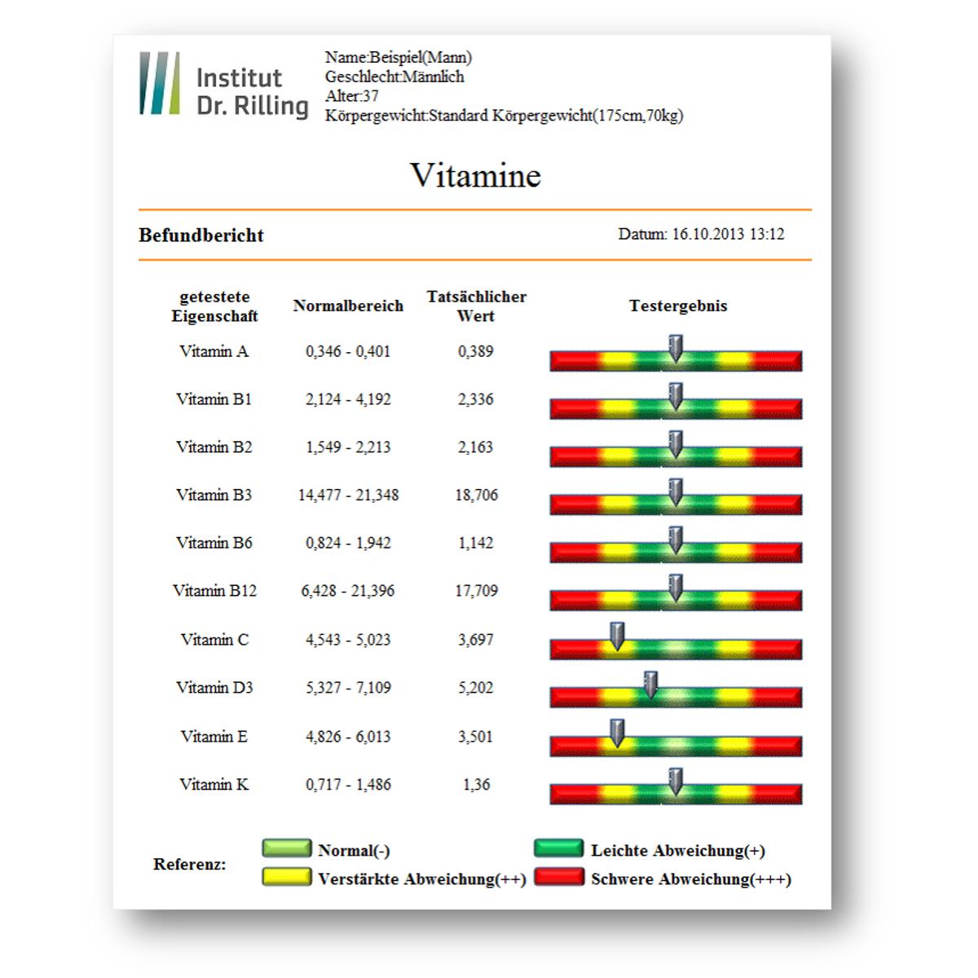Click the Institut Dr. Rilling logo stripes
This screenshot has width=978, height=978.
tap(160, 83)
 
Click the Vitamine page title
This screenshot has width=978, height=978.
tap(475, 175)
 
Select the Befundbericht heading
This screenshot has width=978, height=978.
tap(201, 236)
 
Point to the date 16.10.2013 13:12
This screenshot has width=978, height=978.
tap(728, 234)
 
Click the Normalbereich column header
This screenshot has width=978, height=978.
tap(348, 306)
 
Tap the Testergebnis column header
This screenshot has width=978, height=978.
tap(678, 306)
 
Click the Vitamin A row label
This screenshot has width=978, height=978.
tap(214, 351)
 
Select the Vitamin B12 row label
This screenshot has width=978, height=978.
tap(214, 591)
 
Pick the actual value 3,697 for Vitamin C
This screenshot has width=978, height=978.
tap(475, 640)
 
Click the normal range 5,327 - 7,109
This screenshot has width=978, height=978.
tap(348, 688)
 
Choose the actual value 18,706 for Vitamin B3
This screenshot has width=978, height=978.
tap(477, 495)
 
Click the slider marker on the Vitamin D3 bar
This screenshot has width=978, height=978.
tap(650, 685)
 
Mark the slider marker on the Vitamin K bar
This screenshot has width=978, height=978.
tap(676, 782)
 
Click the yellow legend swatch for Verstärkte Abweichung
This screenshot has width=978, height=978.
tap(287, 877)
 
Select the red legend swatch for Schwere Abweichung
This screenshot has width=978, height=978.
tap(559, 877)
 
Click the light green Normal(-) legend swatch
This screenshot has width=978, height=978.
tap(287, 848)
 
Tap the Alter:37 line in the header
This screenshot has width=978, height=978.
tap(352, 96)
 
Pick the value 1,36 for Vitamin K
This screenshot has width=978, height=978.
tap(477, 785)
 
